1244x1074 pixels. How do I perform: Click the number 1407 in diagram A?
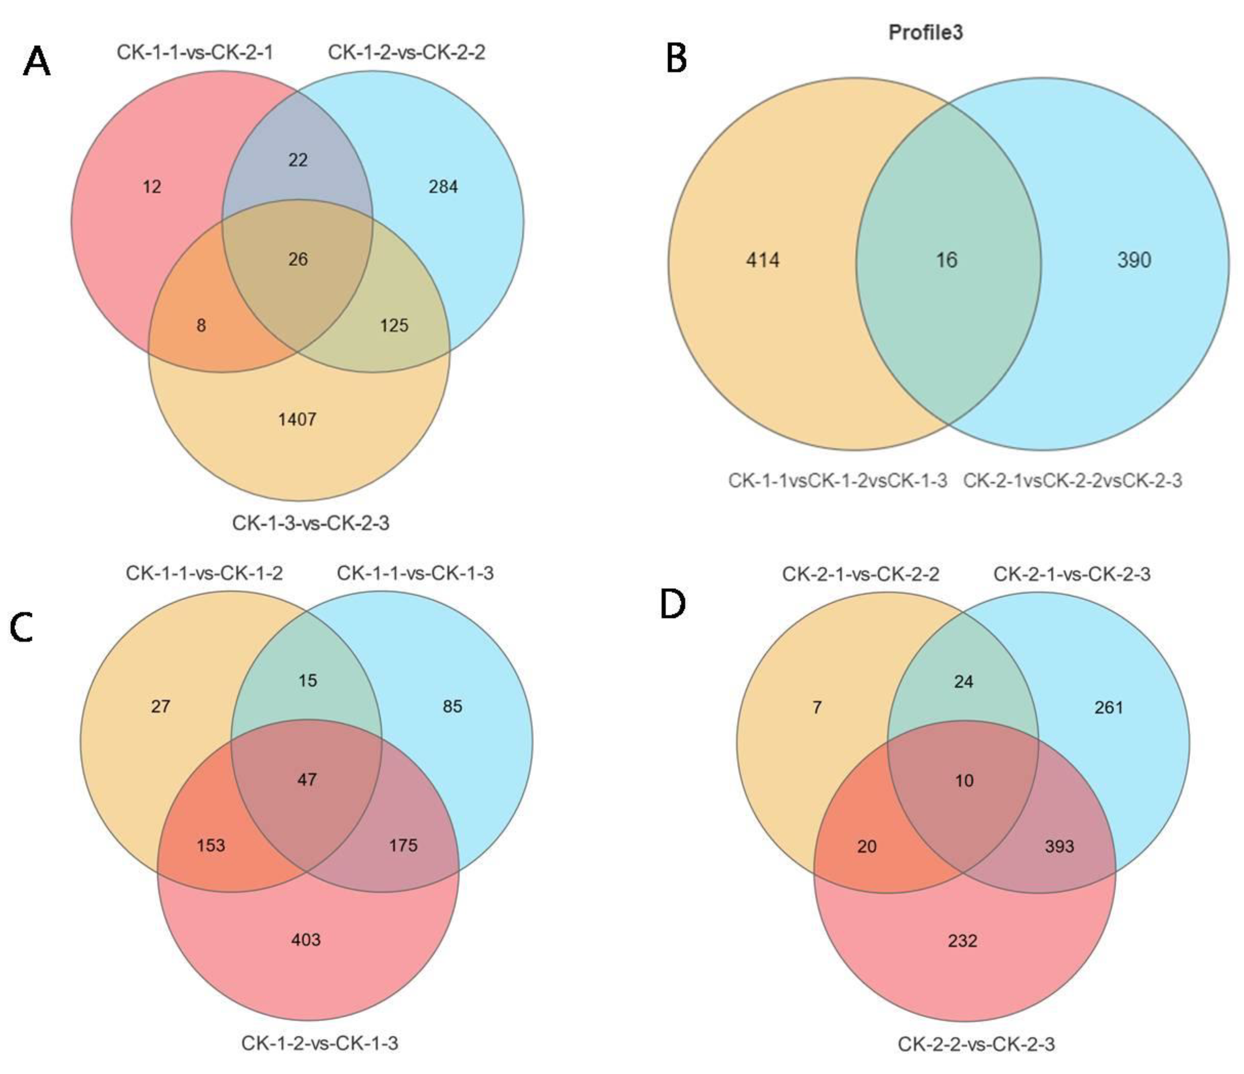[x=297, y=419]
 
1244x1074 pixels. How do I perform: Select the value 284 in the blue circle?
[x=443, y=187]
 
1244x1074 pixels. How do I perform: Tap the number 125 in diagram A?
[x=394, y=326]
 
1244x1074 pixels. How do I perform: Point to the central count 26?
[x=298, y=259]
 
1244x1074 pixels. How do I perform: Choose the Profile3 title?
[x=925, y=32]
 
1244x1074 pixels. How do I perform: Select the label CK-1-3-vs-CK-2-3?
[x=311, y=523]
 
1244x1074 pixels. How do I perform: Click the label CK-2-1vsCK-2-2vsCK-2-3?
[x=1072, y=481]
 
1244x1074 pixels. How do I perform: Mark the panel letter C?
[x=22, y=628]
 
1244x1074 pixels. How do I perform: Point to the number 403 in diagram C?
[x=306, y=940]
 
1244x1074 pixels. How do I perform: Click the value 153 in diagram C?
[x=211, y=845]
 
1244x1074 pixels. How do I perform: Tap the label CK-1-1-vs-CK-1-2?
[x=204, y=574]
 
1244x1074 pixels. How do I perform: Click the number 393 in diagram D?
[x=1059, y=847]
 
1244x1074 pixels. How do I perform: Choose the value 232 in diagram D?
[x=962, y=941]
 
